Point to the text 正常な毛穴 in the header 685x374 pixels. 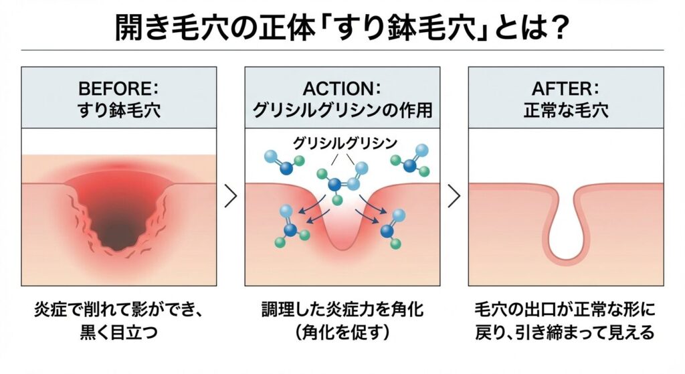point(566,110)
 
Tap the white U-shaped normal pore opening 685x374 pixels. point(566,231)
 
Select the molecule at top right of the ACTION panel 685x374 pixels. point(409,160)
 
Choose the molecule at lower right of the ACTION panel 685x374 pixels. point(391,227)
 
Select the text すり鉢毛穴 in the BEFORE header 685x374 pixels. point(117,110)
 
